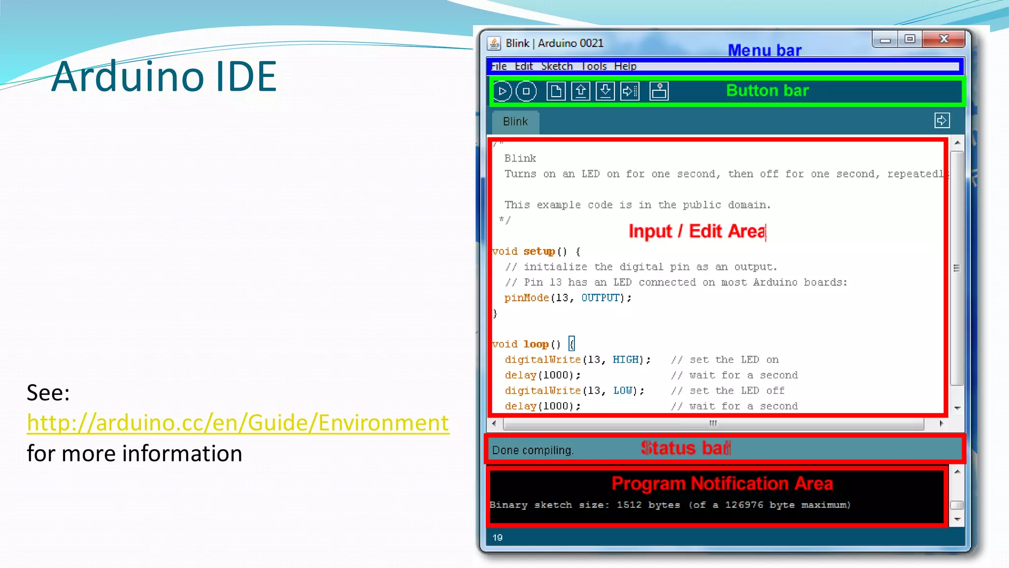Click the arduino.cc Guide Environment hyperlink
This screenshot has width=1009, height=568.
click(x=238, y=423)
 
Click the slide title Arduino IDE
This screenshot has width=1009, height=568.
click(x=164, y=76)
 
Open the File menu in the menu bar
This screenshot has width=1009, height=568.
click(x=499, y=66)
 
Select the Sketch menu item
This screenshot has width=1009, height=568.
click(x=557, y=66)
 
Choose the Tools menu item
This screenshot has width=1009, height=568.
click(x=594, y=66)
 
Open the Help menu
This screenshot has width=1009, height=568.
click(x=625, y=66)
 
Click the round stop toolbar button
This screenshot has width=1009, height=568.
click(x=526, y=91)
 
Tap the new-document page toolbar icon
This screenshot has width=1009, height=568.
click(x=556, y=91)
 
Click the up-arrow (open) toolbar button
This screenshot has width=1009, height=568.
click(x=581, y=91)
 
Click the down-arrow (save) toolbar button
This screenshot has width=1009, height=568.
click(x=605, y=91)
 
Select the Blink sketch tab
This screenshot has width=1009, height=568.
click(x=515, y=122)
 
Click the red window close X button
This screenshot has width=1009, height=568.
click(x=943, y=39)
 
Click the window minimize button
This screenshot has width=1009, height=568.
click(x=885, y=39)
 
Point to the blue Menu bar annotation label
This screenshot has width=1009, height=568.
click(x=765, y=50)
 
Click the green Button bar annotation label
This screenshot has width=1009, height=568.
click(x=767, y=91)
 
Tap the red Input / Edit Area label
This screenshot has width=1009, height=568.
click(x=697, y=231)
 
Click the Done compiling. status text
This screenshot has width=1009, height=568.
click(x=533, y=450)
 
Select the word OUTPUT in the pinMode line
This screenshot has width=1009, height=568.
click(x=600, y=298)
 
